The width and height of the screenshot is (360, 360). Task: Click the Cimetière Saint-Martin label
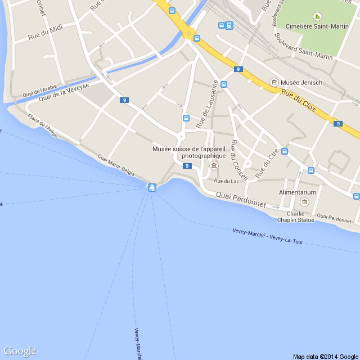coord(317,26)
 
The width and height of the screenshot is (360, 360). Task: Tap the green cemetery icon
coord(317,16)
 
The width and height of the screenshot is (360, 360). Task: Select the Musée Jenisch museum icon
coord(274,82)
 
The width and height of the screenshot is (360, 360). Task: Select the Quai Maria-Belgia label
coord(116,165)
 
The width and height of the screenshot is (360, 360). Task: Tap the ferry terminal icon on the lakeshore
coord(152,187)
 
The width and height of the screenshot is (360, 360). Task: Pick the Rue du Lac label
coord(227,181)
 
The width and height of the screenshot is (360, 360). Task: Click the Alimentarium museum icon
coord(304,202)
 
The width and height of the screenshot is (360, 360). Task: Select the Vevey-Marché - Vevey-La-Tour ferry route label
coord(275,236)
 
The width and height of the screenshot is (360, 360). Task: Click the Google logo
coord(19,351)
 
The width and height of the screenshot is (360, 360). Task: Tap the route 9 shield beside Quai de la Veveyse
coord(124,100)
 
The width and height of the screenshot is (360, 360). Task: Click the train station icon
coord(229,25)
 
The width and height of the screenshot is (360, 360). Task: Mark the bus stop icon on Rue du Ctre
coord(285,151)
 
